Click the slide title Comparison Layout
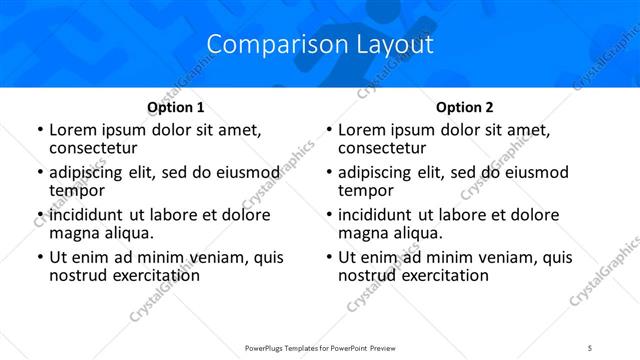(320, 45)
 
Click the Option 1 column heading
(176, 107)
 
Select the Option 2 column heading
(465, 107)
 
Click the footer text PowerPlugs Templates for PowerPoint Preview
(320, 348)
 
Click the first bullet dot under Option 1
(39, 131)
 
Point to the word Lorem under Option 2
(362, 130)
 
